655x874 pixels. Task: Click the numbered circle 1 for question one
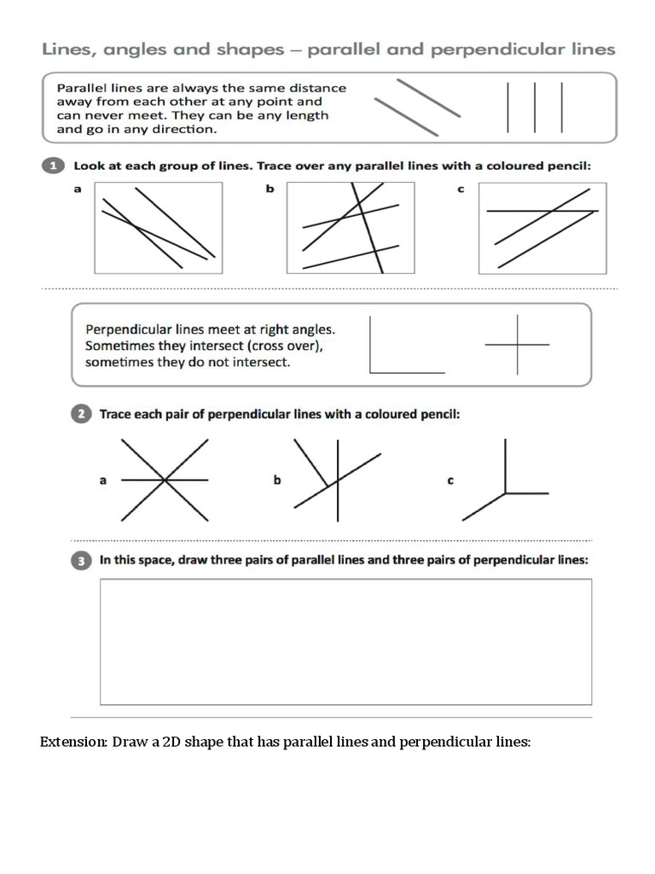[x=53, y=166]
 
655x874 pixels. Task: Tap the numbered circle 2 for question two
[x=80, y=415]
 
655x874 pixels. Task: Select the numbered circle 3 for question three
[x=80, y=561]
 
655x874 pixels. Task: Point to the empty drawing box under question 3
[x=345, y=642]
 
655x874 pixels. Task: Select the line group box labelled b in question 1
[x=351, y=228]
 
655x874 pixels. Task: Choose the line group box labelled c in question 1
[x=542, y=228]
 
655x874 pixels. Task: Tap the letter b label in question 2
[x=277, y=481]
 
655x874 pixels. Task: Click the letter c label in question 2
[x=450, y=481]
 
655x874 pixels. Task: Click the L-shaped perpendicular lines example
[x=406, y=347]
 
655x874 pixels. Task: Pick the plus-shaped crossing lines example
[x=517, y=345]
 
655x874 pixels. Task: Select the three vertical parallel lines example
[x=535, y=108]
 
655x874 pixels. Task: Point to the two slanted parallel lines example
[x=418, y=108]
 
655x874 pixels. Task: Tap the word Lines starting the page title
[x=70, y=50]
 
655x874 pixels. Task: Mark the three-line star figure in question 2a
[x=165, y=481]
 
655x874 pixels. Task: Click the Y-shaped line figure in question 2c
[x=506, y=482]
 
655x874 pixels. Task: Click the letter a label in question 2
[x=103, y=481]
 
